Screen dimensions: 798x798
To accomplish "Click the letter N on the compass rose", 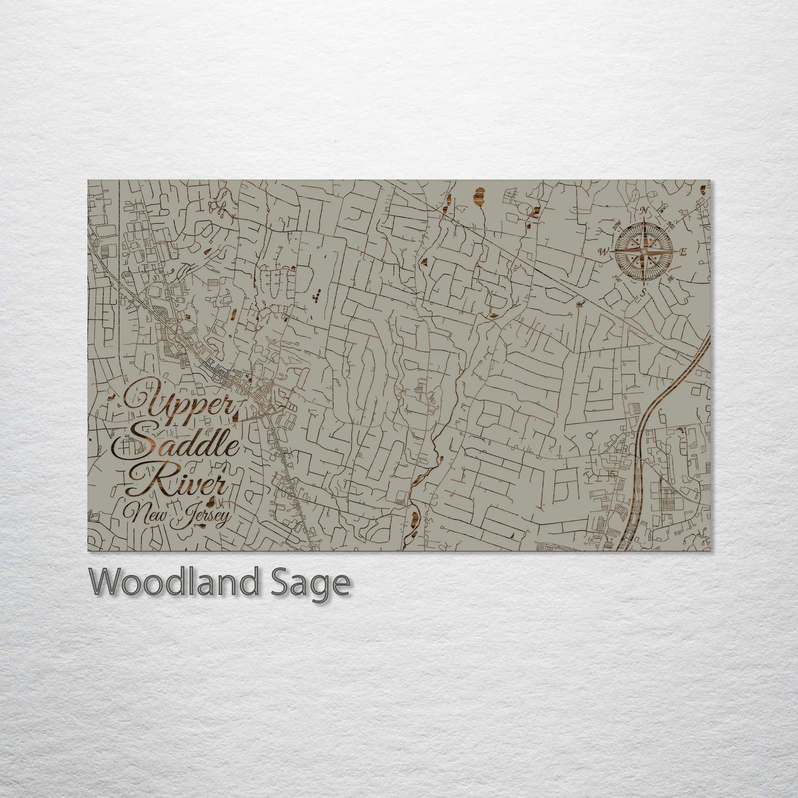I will (x=643, y=210).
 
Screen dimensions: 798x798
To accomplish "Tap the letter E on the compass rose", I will (x=683, y=252).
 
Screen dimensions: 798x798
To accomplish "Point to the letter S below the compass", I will (x=643, y=292).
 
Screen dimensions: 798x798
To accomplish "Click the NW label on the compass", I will (x=617, y=224).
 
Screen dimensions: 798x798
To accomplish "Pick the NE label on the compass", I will (x=671, y=224).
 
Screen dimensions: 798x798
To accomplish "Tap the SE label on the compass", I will (x=671, y=278).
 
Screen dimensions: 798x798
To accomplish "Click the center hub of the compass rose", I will (x=643, y=251).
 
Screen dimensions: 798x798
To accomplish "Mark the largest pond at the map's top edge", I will (x=479, y=195).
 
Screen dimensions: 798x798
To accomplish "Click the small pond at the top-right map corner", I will (x=703, y=190).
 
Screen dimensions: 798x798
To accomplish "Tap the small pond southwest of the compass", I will (x=580, y=303).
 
